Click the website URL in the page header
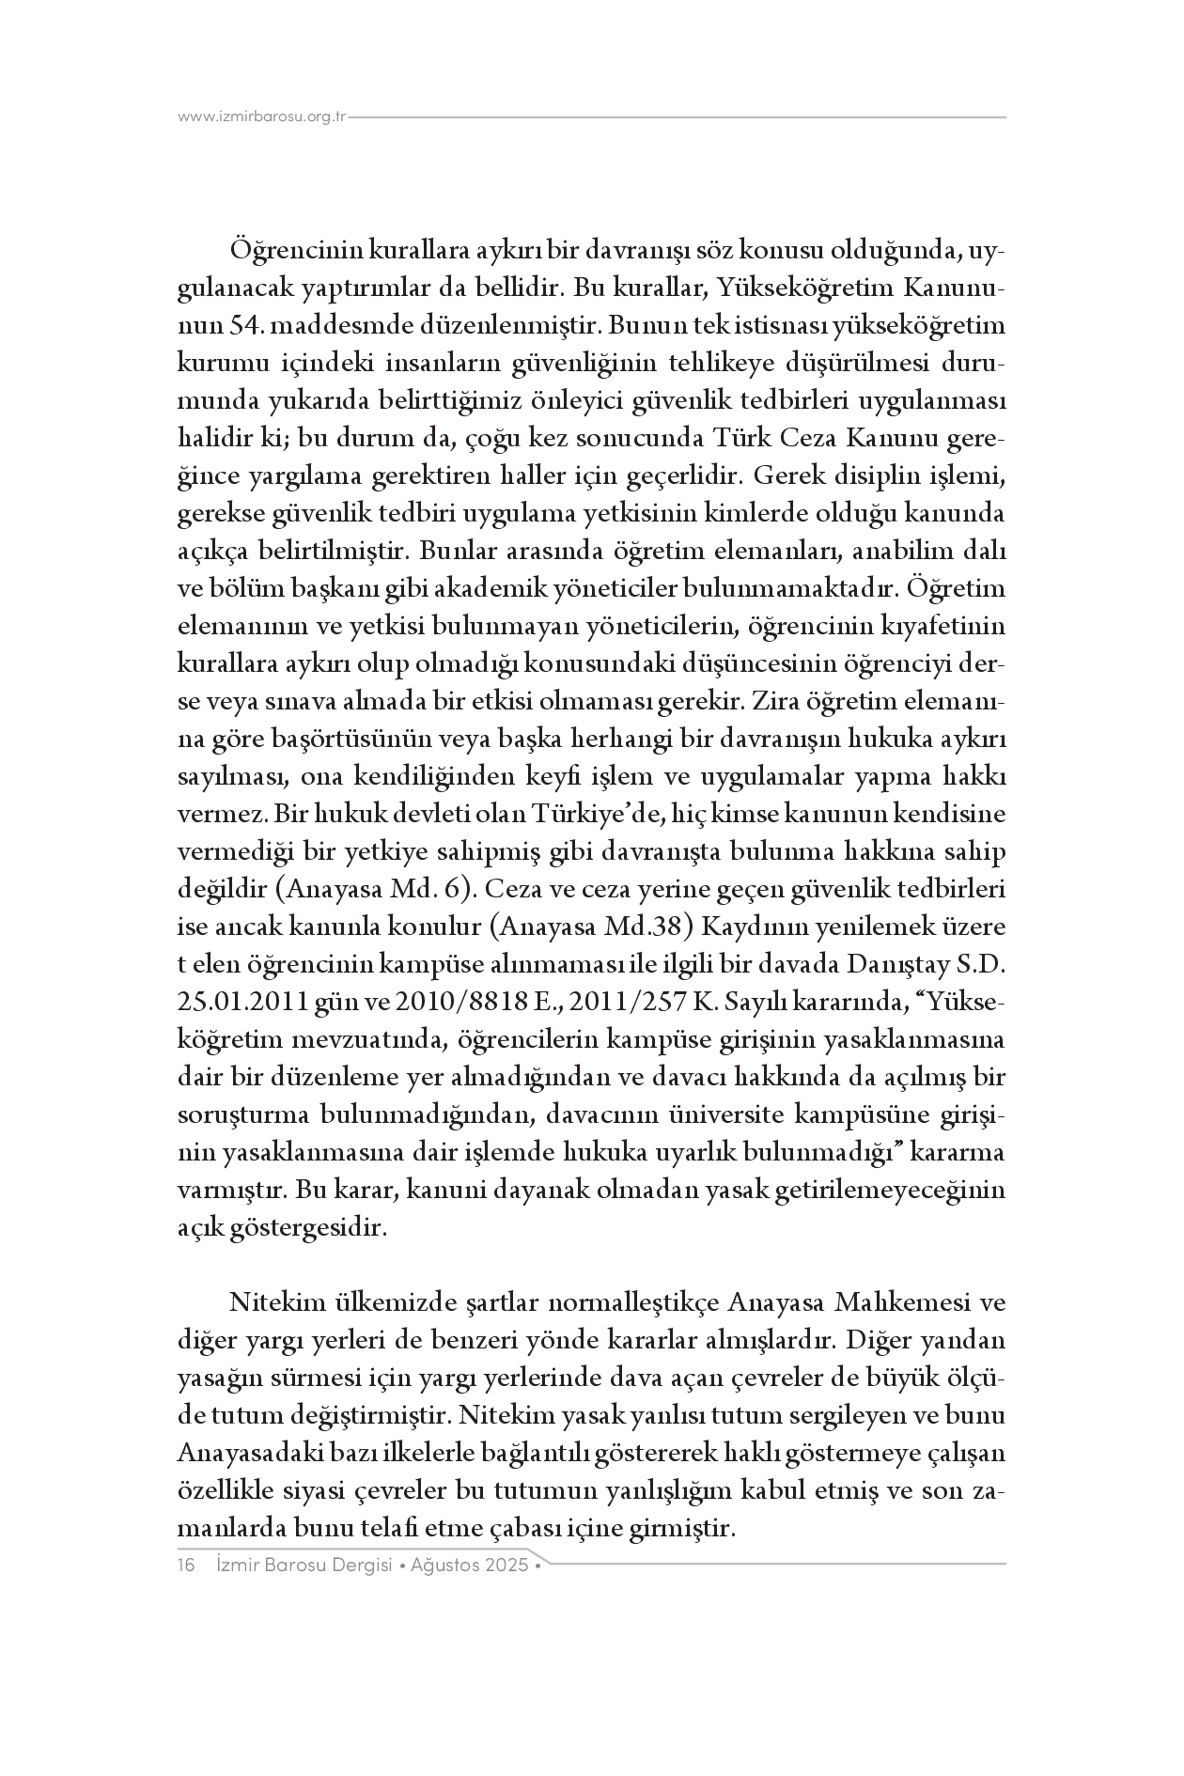(x=263, y=117)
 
